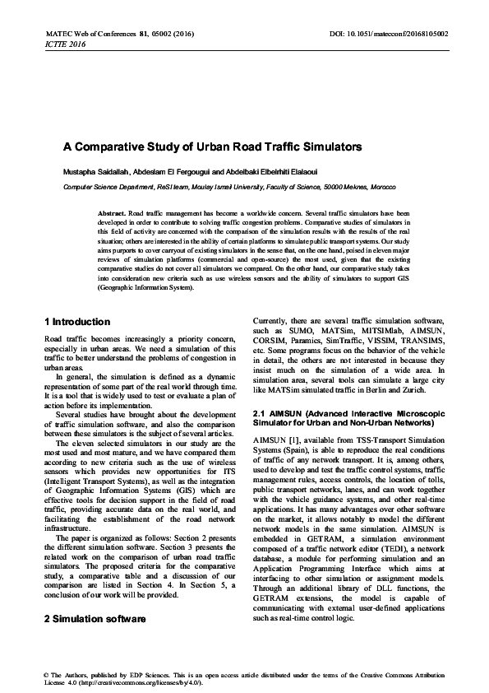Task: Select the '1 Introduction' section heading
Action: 76,320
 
